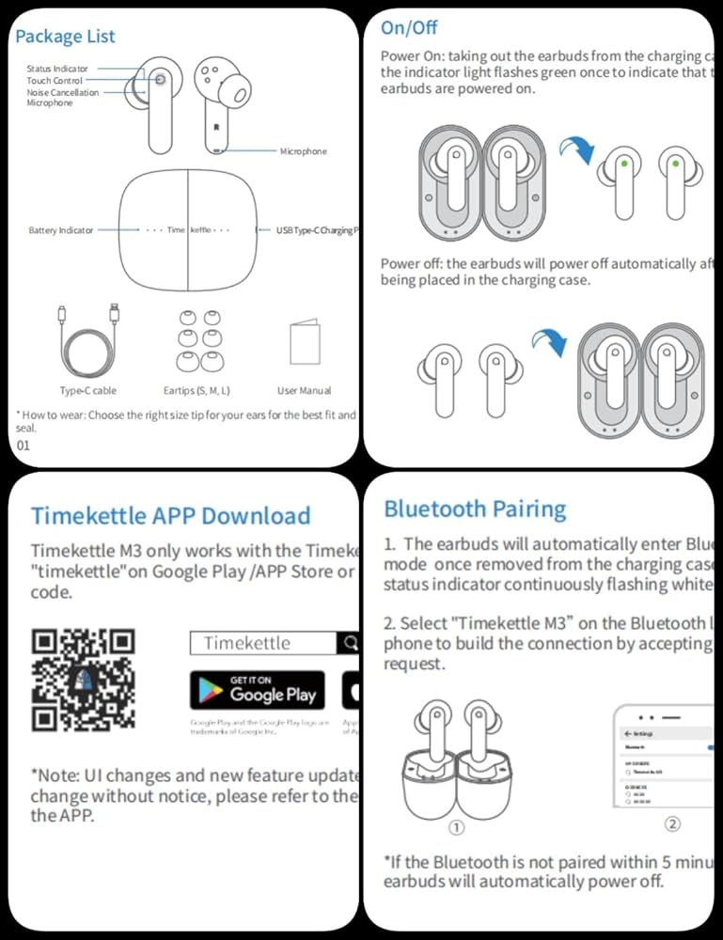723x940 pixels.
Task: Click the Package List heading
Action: [x=65, y=37]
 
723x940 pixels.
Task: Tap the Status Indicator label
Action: [x=57, y=69]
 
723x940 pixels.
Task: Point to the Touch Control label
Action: [x=55, y=81]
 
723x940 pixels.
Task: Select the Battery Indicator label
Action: [x=61, y=230]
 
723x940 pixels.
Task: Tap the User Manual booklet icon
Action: [x=306, y=343]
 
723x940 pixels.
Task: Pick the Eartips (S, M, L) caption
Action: [x=190, y=390]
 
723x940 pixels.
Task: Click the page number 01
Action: [x=24, y=446]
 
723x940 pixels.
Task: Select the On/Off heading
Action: [x=409, y=28]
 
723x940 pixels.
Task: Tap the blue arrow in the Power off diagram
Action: [x=548, y=344]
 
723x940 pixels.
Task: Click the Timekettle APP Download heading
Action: [x=170, y=516]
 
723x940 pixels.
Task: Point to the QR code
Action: [x=83, y=681]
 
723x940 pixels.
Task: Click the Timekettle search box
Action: [x=262, y=644]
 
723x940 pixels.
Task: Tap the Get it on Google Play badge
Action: [x=257, y=690]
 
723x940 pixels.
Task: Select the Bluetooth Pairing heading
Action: [x=475, y=509]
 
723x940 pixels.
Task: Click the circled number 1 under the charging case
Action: [x=455, y=828]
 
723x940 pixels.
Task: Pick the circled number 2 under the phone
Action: [x=672, y=823]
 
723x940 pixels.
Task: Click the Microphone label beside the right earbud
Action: [x=303, y=151]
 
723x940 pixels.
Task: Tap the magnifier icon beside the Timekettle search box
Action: [x=350, y=644]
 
